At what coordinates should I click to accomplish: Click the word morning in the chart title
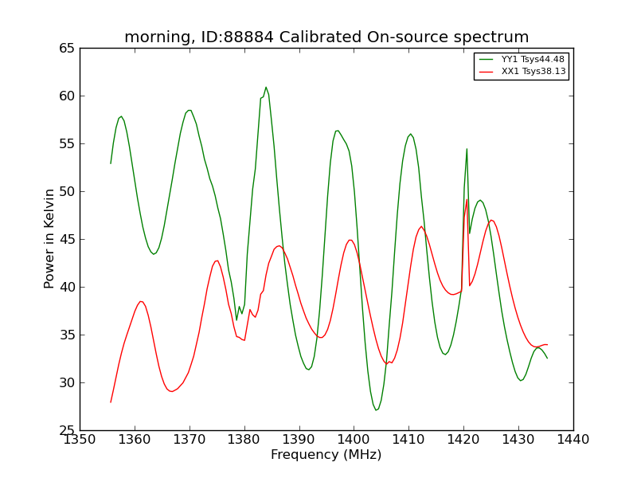click(157, 37)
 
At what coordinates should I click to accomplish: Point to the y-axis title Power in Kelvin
click(49, 238)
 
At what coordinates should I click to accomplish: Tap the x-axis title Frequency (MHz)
click(326, 455)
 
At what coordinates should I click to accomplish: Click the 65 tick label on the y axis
click(67, 49)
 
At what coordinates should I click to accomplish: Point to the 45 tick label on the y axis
click(67, 240)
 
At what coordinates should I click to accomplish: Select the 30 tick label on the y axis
click(67, 383)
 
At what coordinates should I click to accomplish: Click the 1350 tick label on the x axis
click(80, 440)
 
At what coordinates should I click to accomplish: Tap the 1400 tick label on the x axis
click(354, 440)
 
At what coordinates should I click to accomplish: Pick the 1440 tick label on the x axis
click(573, 440)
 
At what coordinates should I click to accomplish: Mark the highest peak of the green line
click(266, 88)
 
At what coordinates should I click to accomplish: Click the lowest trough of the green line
click(376, 410)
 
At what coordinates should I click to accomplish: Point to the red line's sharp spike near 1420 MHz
click(467, 200)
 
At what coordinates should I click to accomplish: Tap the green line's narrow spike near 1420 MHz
click(467, 149)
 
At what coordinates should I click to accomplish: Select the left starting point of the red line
click(111, 402)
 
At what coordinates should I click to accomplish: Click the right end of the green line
click(547, 358)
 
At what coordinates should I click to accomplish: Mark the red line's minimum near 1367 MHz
click(172, 391)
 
